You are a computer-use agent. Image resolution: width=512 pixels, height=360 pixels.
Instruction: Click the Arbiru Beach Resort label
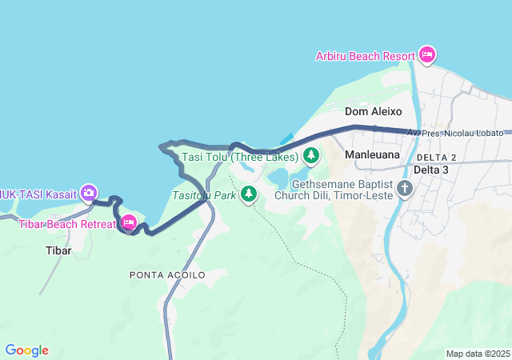[x=365, y=56]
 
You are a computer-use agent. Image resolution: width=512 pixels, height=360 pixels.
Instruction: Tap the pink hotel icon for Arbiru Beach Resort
[x=427, y=54]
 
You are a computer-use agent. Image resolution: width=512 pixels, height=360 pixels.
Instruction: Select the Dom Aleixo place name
[x=373, y=112]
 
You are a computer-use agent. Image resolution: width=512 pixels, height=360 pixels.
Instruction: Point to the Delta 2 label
[x=436, y=157]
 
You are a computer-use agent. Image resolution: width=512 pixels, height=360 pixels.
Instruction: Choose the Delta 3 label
[x=431, y=170]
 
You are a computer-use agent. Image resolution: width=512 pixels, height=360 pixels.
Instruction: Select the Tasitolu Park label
[x=204, y=194]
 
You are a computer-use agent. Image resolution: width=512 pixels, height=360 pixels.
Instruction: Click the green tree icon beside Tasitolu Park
[x=249, y=193]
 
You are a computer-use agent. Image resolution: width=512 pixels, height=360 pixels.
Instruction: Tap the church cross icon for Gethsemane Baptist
[x=405, y=189]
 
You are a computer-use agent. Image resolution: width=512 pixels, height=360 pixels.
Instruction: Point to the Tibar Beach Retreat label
[x=67, y=223]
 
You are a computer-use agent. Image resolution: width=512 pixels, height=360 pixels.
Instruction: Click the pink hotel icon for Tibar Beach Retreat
[x=128, y=222]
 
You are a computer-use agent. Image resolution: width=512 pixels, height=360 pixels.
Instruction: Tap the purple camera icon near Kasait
[x=89, y=192]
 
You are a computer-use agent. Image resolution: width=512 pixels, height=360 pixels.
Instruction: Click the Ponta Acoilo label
[x=167, y=274]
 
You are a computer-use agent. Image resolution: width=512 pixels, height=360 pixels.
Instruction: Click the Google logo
[x=26, y=350]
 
